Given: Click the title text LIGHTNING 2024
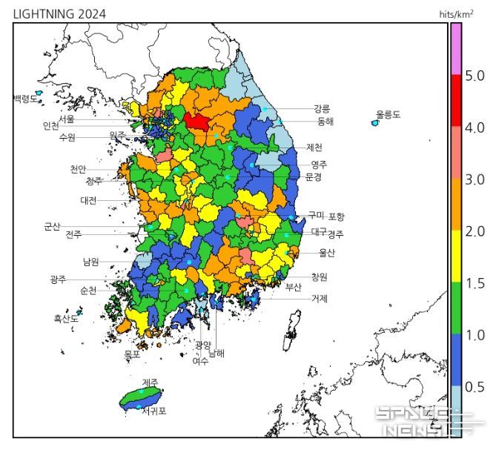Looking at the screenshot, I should tap(59, 14).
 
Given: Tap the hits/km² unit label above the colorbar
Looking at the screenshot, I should tap(457, 14).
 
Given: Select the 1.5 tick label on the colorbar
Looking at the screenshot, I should tap(474, 283).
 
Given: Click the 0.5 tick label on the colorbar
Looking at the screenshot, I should tap(474, 387).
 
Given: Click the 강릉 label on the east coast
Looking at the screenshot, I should tap(322, 108).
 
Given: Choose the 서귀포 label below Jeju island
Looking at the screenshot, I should tap(153, 411).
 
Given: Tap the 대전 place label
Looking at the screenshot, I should tap(89, 200).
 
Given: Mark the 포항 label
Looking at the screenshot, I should tap(336, 216).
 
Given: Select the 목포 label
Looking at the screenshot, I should tap(132, 355).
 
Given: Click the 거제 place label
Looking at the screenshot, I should tap(320, 299).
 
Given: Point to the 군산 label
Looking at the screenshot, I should tap(53, 227).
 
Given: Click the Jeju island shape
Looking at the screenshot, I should tap(142, 397).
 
